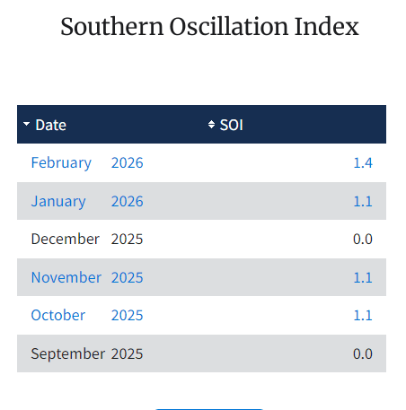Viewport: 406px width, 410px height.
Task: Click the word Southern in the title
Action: tap(108, 27)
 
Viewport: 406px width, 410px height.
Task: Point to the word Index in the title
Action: tap(327, 27)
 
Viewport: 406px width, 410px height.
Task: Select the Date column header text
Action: tap(50, 125)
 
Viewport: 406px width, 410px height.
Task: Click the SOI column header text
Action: tap(232, 125)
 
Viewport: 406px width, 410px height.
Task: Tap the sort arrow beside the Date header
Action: tap(27, 125)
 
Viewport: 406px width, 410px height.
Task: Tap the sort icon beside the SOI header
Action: tap(212, 125)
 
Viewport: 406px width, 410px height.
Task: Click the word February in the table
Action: tap(61, 162)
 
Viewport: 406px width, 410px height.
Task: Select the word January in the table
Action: tap(58, 201)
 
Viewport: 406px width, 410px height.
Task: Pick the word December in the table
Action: tap(65, 239)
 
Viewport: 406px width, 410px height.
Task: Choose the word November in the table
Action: tap(66, 277)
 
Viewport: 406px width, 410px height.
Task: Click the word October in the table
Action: tap(58, 315)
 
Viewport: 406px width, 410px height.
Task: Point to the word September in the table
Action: tap(67, 353)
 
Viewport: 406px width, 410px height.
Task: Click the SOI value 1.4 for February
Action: tap(363, 162)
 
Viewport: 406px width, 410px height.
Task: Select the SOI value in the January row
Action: tap(363, 201)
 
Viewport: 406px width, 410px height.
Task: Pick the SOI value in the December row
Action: tap(363, 239)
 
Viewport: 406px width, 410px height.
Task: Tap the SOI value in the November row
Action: tap(363, 277)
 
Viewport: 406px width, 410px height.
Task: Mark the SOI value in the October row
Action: tap(363, 315)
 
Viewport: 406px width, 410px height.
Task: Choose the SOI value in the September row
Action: tap(363, 353)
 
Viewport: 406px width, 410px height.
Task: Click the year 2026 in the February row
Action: tap(127, 162)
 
